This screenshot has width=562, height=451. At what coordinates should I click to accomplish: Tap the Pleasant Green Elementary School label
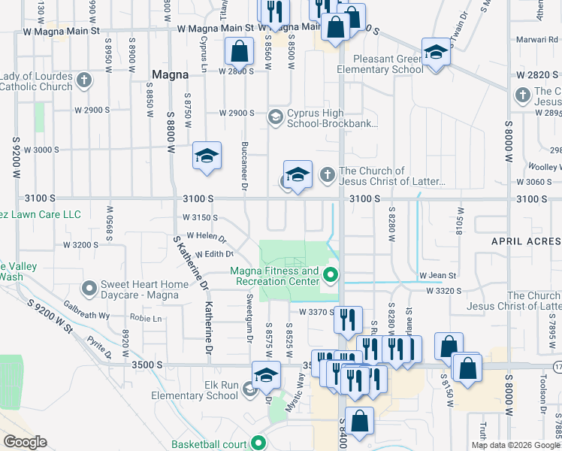tap(380, 64)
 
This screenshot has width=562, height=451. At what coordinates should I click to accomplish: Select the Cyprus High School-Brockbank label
tap(332, 119)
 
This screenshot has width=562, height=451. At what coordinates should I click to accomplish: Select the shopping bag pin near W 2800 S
tap(238, 52)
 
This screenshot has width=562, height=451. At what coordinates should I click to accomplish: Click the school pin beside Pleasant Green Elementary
tap(434, 52)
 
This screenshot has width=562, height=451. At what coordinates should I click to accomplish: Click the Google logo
tap(24, 441)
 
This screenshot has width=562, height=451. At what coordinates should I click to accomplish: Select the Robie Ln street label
tap(147, 318)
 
